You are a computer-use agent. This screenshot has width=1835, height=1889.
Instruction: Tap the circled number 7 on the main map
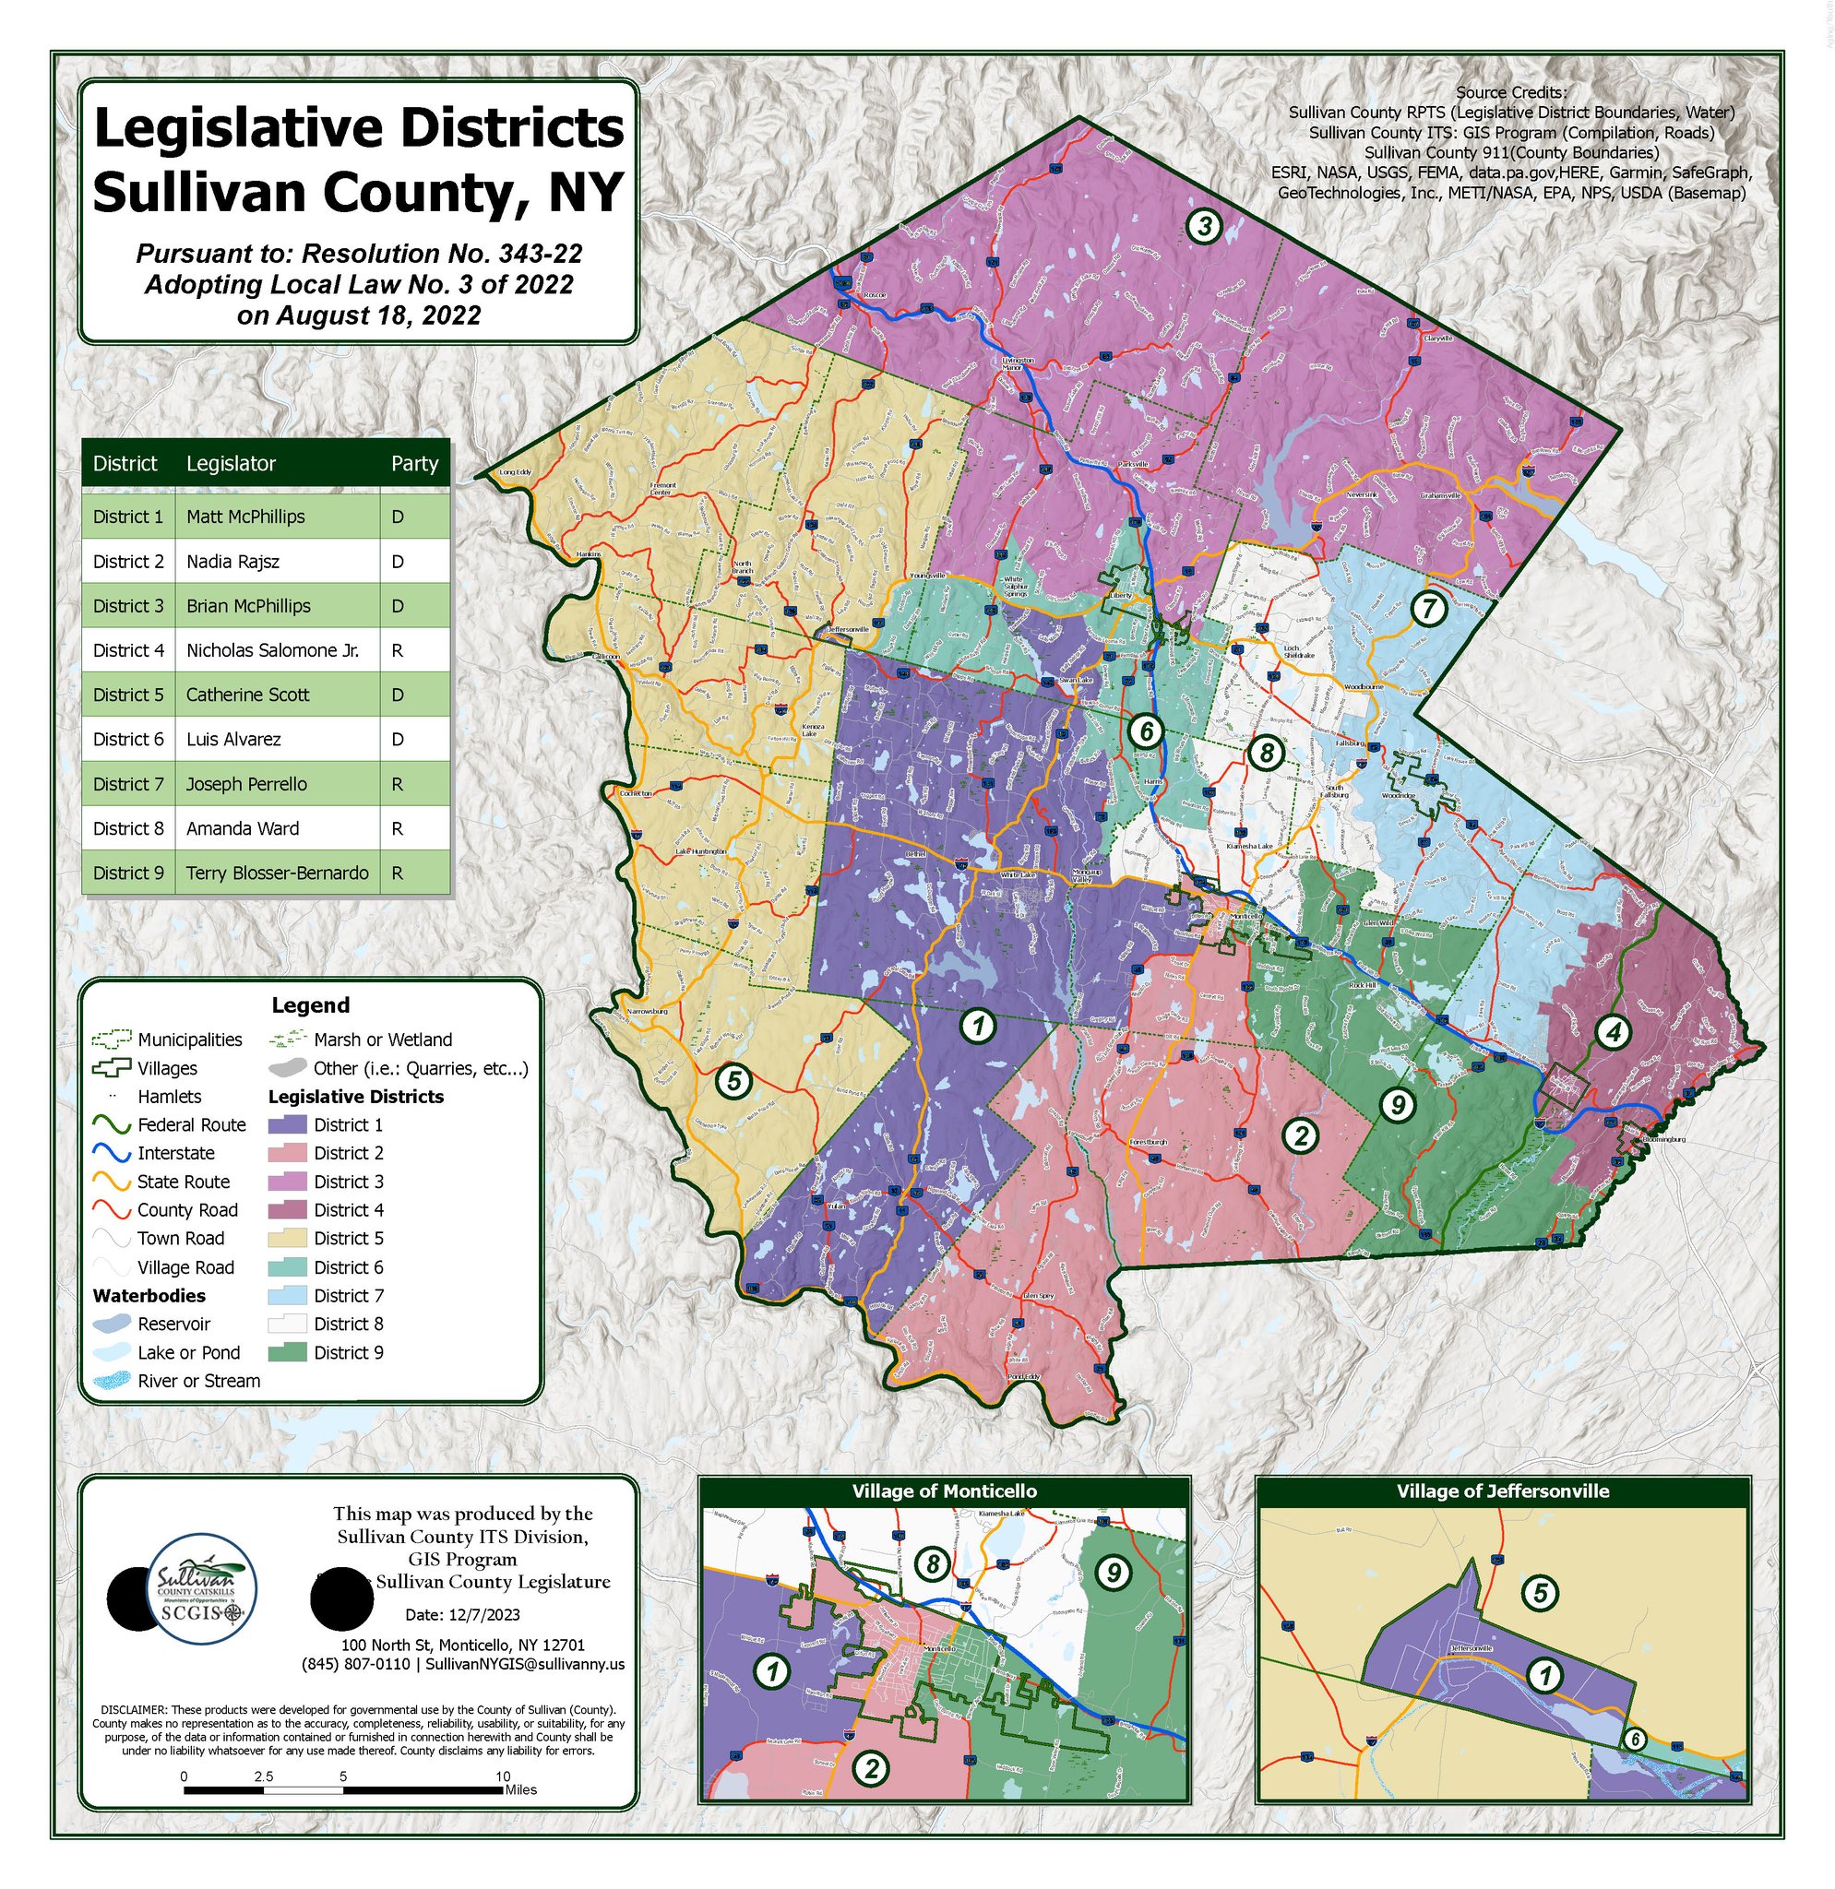(x=1429, y=608)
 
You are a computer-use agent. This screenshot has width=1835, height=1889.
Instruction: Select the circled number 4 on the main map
(x=1613, y=1032)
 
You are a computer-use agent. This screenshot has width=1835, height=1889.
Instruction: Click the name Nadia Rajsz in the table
(x=233, y=561)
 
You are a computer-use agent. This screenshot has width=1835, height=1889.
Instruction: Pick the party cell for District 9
(x=397, y=873)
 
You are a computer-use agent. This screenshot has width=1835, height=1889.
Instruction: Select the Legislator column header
(x=232, y=464)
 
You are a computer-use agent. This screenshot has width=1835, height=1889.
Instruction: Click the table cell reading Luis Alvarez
(x=233, y=739)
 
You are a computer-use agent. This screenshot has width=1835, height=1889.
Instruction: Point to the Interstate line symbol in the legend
(x=112, y=1154)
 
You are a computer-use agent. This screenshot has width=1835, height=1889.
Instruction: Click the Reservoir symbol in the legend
(x=112, y=1325)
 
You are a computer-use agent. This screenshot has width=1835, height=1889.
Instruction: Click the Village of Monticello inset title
(x=944, y=1491)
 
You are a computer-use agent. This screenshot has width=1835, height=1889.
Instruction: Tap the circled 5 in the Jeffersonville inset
(x=1540, y=1593)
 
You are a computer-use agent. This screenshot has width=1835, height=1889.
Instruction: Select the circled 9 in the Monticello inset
(x=1114, y=1573)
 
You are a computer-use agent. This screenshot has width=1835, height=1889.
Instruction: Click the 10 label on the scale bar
(x=503, y=1776)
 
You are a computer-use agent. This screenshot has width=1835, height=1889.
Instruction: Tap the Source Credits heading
(x=1510, y=92)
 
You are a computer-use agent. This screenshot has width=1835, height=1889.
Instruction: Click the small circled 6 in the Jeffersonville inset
(x=1634, y=1740)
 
